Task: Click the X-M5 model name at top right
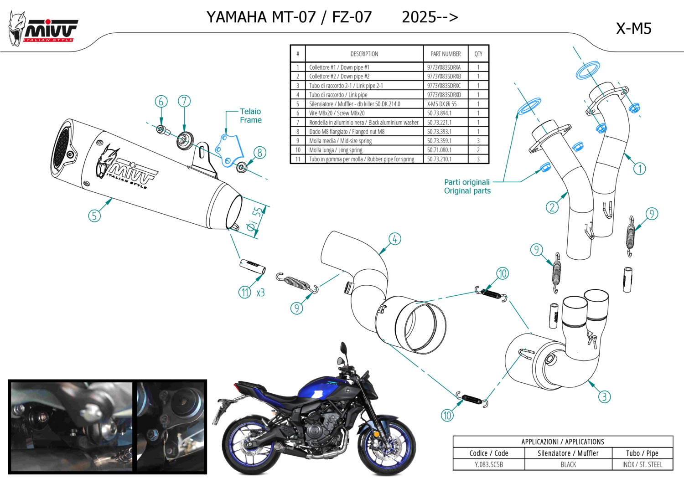(x=633, y=29)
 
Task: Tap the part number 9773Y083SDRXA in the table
(x=444, y=67)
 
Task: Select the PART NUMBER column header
(x=446, y=54)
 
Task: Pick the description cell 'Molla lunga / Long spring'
(x=336, y=150)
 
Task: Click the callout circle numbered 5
(x=94, y=216)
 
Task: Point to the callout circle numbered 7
(x=184, y=101)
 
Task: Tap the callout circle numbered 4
(x=394, y=239)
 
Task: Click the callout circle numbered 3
(x=604, y=396)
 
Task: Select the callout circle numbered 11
(x=245, y=292)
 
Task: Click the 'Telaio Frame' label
(x=250, y=116)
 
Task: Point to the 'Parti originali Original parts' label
(x=467, y=186)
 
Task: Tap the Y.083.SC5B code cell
(x=489, y=465)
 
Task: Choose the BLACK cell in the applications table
(x=568, y=465)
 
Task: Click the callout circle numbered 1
(x=640, y=169)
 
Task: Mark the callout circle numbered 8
(x=259, y=153)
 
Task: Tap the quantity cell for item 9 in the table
(x=478, y=141)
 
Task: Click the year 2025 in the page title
(x=419, y=17)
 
